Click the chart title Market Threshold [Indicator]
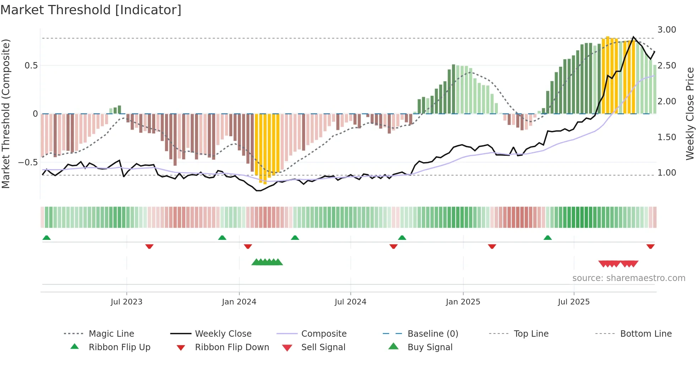click(91, 10)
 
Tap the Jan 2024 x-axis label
click(239, 302)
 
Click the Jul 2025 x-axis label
click(573, 302)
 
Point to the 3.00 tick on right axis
click(667, 30)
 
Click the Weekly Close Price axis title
click(690, 114)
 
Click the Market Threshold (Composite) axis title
click(6, 114)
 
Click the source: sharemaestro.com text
click(629, 278)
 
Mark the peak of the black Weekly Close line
click(634, 37)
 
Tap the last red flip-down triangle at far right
click(650, 246)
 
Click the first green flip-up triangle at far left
click(47, 238)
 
